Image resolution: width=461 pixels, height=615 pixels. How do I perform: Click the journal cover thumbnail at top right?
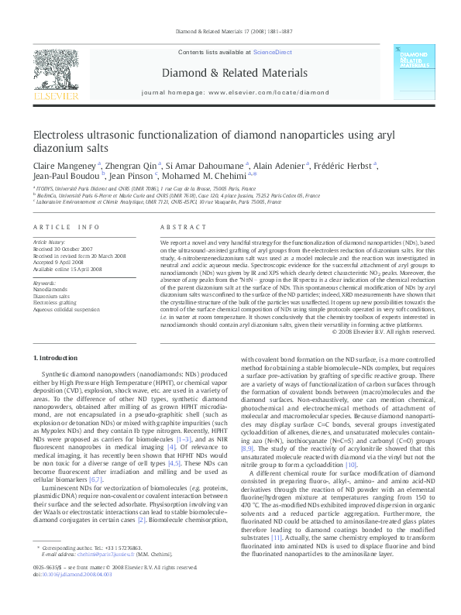point(411,74)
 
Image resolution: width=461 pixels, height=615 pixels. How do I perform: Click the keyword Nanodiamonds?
point(50,289)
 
